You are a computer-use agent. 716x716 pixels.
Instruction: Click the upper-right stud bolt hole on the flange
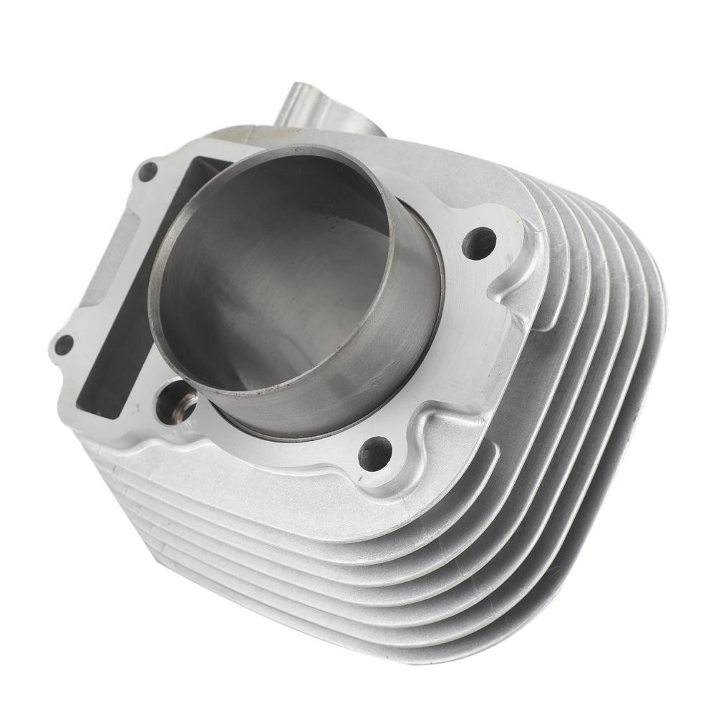click(479, 243)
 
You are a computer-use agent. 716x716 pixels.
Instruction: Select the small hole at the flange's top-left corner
click(148, 171)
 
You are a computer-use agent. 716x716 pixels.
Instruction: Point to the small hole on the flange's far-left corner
click(64, 344)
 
